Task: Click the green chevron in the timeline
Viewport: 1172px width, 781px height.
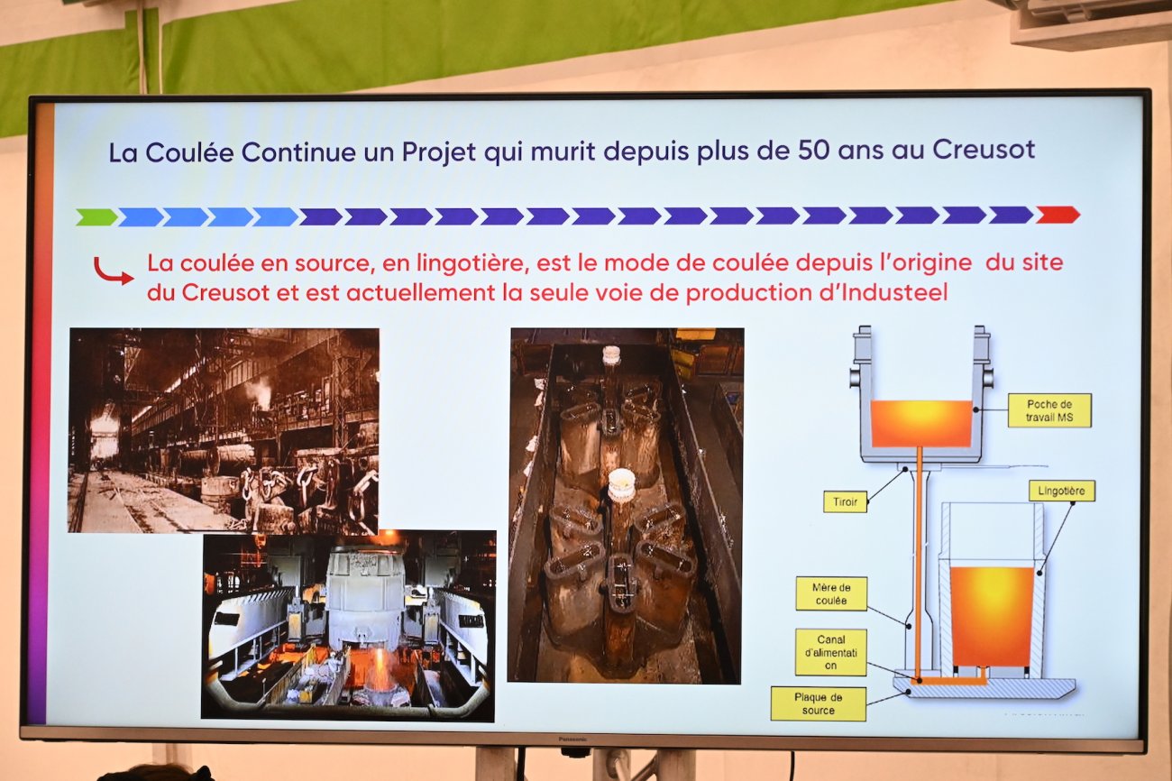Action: [x=96, y=216]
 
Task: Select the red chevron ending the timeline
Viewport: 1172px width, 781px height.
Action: [x=1057, y=215]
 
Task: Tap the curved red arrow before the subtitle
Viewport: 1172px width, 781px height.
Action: [x=113, y=271]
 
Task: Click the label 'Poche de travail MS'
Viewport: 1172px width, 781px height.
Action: [x=1048, y=410]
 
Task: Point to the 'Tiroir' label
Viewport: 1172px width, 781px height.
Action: [x=845, y=501]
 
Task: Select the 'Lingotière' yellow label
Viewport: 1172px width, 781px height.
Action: [x=1061, y=491]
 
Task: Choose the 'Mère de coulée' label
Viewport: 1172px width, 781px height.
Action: [x=830, y=593]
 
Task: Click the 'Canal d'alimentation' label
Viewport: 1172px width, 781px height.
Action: [x=830, y=652]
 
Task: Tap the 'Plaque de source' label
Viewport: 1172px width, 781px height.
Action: [x=818, y=703]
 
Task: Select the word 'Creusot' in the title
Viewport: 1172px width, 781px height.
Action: [x=984, y=149]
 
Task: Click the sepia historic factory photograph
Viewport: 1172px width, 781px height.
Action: [x=224, y=429]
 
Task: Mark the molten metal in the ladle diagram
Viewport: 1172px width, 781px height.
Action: [x=920, y=424]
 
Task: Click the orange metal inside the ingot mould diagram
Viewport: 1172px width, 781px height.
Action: [x=991, y=615]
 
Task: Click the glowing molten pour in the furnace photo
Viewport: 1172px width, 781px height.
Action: [x=380, y=672]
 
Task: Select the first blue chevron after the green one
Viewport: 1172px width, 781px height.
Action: [x=141, y=216]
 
